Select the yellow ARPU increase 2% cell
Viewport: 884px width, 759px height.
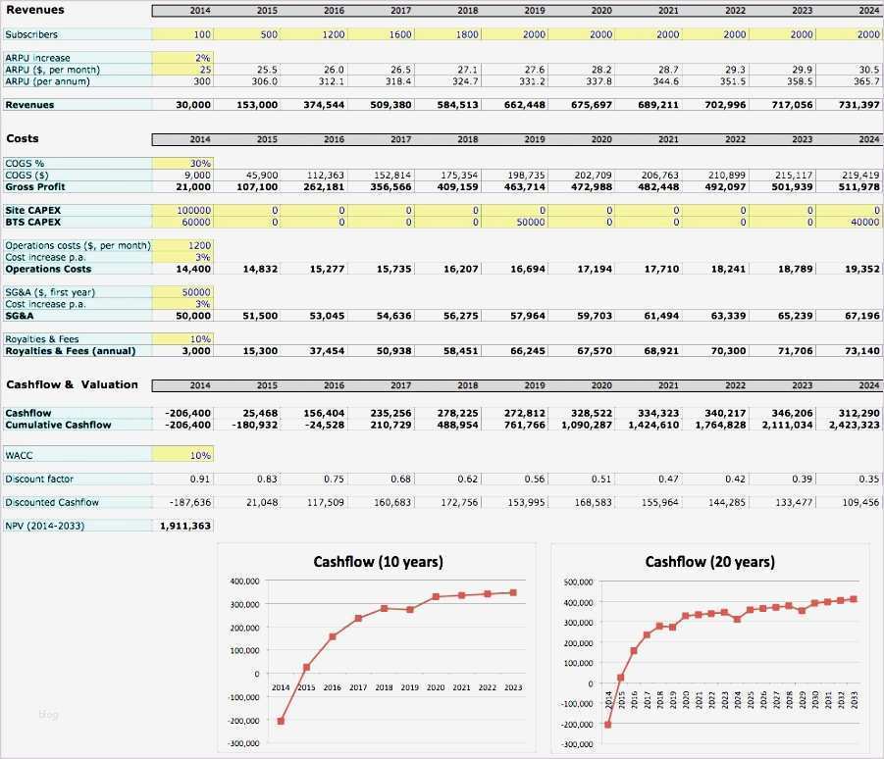[182, 58]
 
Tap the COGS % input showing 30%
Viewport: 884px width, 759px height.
[182, 163]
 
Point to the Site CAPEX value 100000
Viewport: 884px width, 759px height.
[182, 211]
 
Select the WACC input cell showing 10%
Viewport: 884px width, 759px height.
[182, 455]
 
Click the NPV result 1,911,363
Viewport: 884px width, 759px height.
[184, 526]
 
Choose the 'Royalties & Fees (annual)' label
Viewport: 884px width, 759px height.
[71, 350]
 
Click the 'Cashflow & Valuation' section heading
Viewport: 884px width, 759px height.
[72, 384]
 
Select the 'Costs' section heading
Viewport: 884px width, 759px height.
[23, 139]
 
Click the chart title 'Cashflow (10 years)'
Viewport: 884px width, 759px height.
[378, 562]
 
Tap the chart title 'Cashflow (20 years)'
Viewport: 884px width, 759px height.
[709, 562]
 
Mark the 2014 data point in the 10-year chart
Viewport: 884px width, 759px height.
[281, 721]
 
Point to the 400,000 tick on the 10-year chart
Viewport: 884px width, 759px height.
[245, 582]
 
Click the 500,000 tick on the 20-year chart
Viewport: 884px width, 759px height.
[579, 582]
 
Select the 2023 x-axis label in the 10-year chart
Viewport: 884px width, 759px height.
[512, 688]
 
